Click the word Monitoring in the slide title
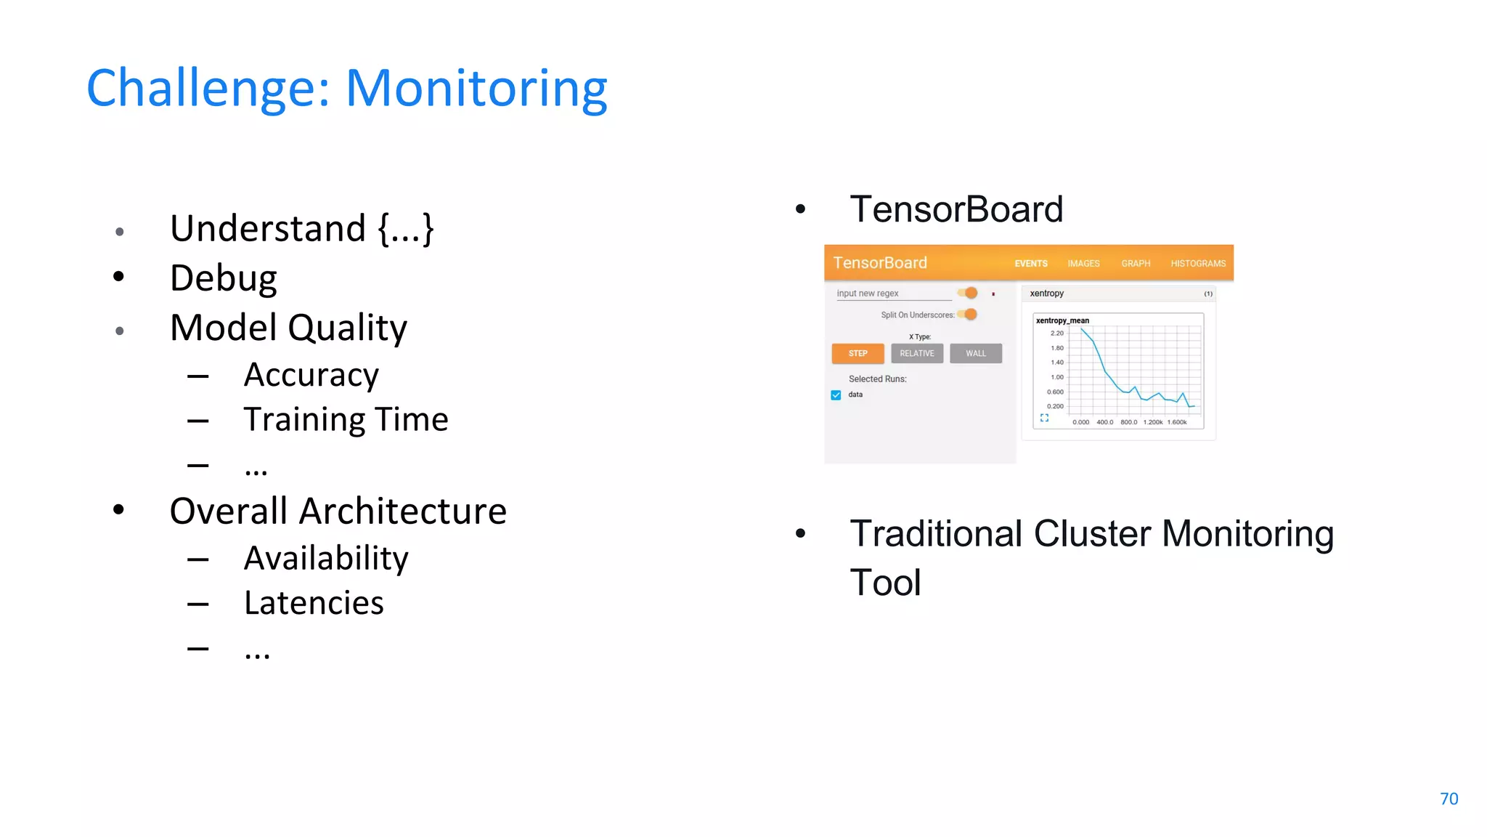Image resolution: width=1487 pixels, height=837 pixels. (476, 89)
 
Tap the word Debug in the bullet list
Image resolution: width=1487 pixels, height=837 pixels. (223, 278)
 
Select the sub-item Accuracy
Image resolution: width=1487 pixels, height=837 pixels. (311, 375)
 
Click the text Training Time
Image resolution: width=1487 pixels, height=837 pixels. (346, 420)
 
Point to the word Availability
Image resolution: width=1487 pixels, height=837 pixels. (326, 558)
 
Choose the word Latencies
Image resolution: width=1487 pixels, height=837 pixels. (314, 603)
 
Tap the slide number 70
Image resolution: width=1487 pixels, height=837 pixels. (1449, 798)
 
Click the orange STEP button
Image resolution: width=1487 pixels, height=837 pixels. (857, 353)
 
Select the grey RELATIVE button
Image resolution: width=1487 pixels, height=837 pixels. (917, 353)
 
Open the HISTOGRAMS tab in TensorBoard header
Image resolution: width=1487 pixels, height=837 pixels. (1197, 264)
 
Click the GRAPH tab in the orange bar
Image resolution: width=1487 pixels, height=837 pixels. (1136, 264)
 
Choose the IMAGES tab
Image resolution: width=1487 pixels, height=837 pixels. (1083, 264)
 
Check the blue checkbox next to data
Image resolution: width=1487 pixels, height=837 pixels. (836, 395)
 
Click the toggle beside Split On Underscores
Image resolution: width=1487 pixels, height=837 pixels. (969, 315)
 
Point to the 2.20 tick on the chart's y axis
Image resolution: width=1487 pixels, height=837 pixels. (1056, 333)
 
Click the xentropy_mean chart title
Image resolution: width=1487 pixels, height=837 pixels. (1062, 320)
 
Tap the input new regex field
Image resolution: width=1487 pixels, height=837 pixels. (893, 294)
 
